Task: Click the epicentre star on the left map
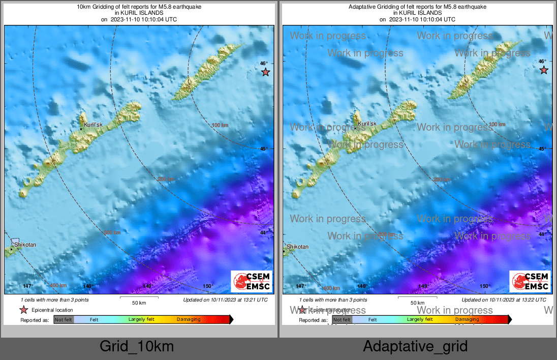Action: [x=265, y=72]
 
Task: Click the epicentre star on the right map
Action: [x=544, y=70]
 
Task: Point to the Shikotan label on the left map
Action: [x=25, y=245]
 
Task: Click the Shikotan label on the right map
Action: [x=297, y=247]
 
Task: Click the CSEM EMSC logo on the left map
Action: [x=251, y=281]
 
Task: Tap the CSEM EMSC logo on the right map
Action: [x=530, y=281]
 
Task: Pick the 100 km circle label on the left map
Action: [x=220, y=125]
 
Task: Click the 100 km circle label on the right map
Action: [x=497, y=124]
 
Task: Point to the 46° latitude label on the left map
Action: [x=264, y=64]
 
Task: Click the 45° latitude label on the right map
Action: [x=542, y=149]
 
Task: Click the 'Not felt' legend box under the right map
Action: [x=342, y=319]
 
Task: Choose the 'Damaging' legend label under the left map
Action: [x=189, y=319]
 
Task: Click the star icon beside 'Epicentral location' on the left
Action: [x=23, y=310]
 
